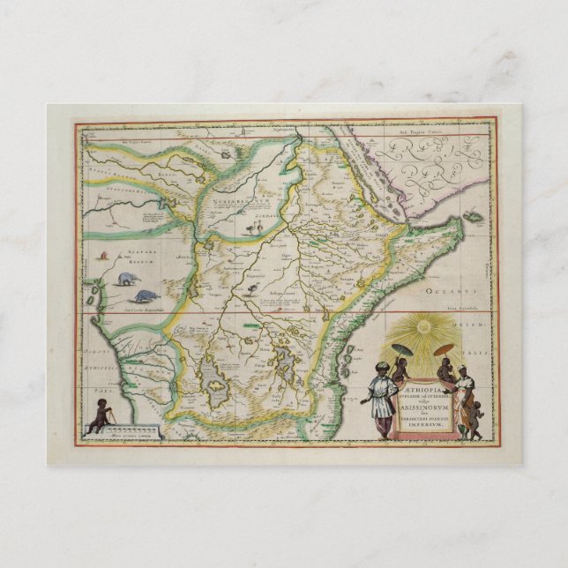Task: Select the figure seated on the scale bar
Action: click(x=95, y=415)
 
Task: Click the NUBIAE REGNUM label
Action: click(x=231, y=202)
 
